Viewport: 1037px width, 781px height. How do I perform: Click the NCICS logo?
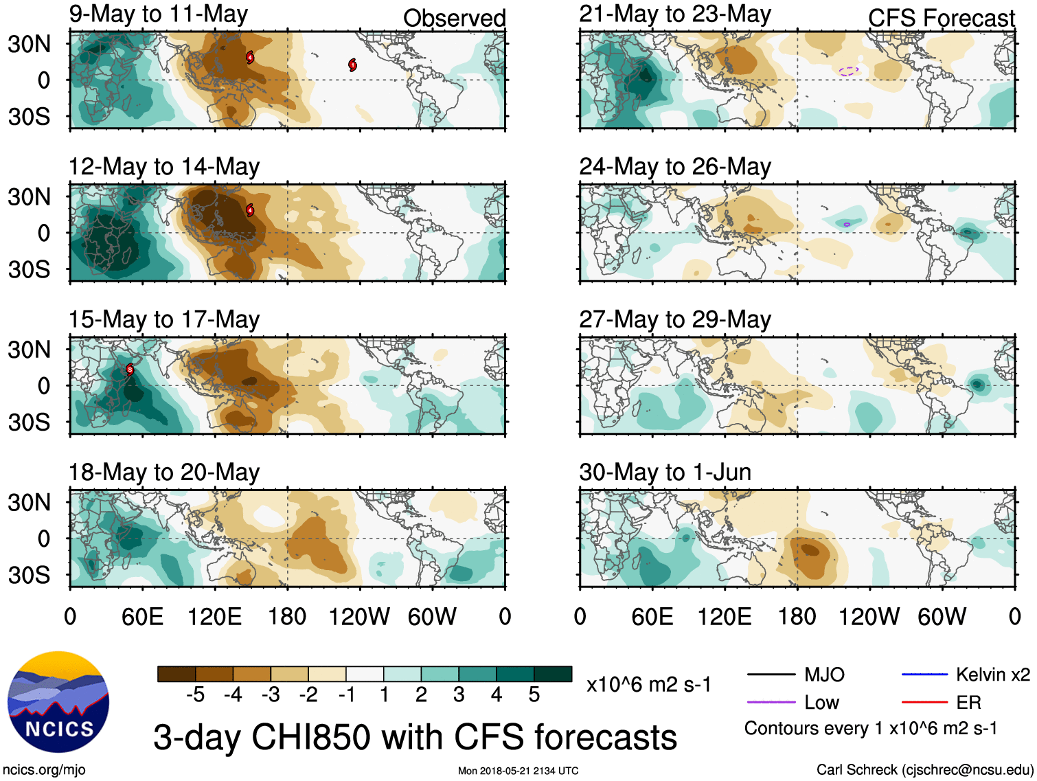tap(58, 701)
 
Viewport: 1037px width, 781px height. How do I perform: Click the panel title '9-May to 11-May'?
tap(158, 14)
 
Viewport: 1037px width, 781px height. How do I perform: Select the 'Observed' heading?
tap(454, 19)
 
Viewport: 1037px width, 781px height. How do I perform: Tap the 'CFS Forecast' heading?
tap(941, 19)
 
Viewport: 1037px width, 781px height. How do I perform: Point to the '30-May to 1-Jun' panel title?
tap(665, 473)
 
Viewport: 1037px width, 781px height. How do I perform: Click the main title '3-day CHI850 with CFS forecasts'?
tap(415, 738)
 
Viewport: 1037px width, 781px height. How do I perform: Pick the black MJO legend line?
tap(771, 675)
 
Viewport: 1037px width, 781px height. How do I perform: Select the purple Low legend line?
tap(771, 702)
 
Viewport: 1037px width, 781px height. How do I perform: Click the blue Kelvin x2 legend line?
tap(924, 675)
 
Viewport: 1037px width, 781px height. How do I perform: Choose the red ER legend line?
tap(924, 702)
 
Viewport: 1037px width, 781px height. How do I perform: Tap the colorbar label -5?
tap(195, 695)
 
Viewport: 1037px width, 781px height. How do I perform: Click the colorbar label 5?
tap(534, 695)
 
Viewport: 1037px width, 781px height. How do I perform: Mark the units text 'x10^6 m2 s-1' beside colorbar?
tap(648, 685)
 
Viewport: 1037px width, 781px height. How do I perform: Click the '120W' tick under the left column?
tap(359, 617)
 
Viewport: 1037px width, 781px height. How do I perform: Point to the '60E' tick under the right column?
tap(652, 617)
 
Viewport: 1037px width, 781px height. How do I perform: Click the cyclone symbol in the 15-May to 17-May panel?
tap(130, 370)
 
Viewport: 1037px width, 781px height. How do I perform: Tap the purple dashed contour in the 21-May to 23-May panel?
tap(849, 71)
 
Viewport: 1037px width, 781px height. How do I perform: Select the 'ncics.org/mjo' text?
tap(44, 770)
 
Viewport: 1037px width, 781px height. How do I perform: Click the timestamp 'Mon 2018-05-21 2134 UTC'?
tap(518, 771)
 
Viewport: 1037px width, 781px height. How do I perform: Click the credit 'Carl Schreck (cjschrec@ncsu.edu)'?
tap(924, 769)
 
